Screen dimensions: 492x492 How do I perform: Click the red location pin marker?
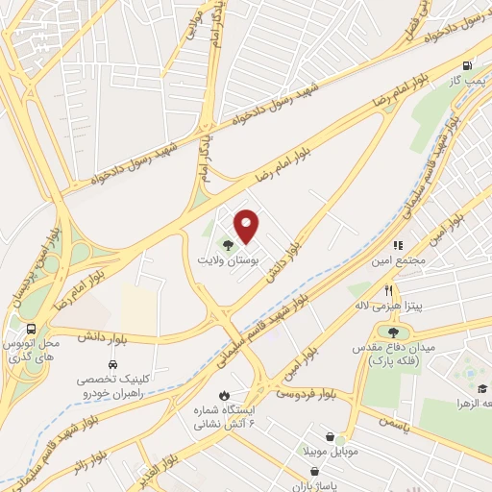point(247,226)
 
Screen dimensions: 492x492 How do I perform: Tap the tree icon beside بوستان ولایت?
point(227,246)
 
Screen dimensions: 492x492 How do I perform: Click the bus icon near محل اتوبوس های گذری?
point(33,326)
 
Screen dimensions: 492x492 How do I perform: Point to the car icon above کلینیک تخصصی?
point(113,365)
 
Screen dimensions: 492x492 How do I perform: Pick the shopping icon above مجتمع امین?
point(398,246)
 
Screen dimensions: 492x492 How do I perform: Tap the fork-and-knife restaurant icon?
point(388,289)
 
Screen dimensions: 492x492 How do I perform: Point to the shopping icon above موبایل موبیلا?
point(331,436)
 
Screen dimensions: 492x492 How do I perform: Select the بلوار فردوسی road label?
point(307,389)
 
